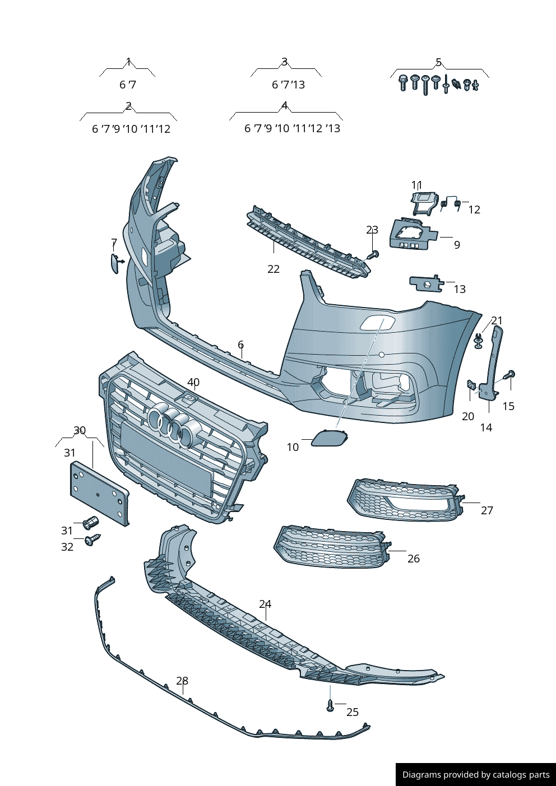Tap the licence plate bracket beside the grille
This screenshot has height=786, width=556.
click(99, 494)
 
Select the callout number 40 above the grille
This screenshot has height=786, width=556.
click(193, 382)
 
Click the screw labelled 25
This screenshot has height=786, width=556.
click(330, 705)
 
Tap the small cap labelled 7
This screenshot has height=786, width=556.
click(115, 263)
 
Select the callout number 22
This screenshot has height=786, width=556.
click(274, 269)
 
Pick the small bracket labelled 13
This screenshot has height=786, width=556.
click(427, 283)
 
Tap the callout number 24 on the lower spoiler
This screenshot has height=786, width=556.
click(265, 604)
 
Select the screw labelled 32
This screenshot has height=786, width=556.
click(92, 540)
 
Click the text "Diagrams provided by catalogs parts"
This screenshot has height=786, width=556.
click(476, 774)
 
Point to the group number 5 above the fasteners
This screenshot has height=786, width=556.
click(438, 62)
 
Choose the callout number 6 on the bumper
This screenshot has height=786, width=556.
click(240, 345)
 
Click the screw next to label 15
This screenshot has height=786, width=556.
click(509, 374)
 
